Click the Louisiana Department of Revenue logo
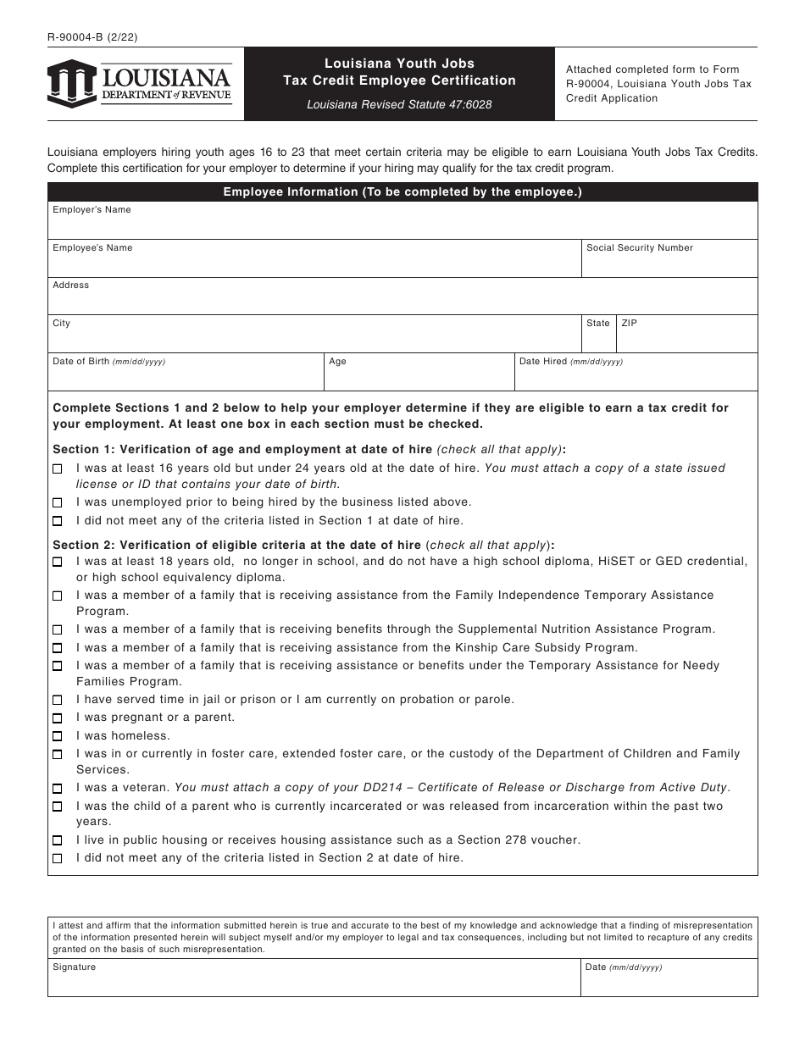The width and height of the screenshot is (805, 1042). coord(139,84)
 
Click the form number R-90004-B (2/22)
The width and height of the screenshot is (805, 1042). coord(87,37)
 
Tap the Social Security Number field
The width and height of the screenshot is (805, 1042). coord(669,263)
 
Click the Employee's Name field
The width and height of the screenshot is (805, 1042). coord(314,263)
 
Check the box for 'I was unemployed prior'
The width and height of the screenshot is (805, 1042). coord(58,503)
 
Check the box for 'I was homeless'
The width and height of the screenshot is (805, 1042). coord(58,736)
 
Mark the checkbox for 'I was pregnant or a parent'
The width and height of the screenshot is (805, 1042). coord(58,718)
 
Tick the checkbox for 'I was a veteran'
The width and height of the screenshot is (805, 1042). coord(58,789)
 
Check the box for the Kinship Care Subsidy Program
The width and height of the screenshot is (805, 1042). coord(58,648)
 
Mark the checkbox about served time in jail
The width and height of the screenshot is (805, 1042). coord(58,701)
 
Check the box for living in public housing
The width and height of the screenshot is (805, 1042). coord(58,840)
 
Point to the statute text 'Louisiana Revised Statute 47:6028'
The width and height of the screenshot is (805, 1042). coord(399,105)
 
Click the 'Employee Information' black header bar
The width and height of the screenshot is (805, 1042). coord(402,192)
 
